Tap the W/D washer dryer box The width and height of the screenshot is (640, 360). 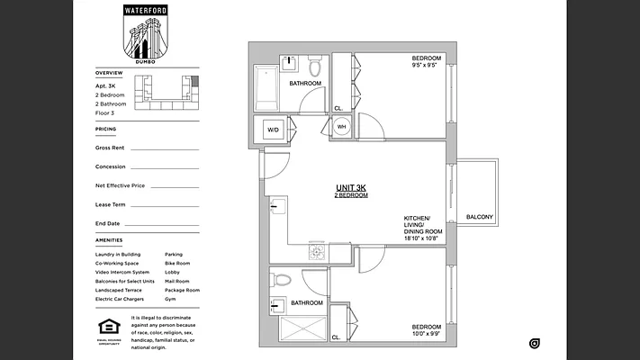271,130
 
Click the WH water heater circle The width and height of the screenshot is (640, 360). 342,127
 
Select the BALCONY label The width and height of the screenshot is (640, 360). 480,217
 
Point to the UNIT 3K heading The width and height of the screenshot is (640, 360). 351,187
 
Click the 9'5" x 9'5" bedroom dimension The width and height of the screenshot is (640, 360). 425,65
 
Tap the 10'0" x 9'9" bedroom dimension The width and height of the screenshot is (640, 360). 426,334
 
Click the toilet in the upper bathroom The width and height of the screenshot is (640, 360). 315,67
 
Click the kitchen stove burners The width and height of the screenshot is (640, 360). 316,253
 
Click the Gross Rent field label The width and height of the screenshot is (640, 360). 110,148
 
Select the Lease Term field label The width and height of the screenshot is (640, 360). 109,204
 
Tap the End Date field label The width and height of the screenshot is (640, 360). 107,223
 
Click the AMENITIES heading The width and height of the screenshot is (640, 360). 109,240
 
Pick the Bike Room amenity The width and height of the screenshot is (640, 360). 177,264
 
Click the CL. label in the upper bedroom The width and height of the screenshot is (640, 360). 338,109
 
